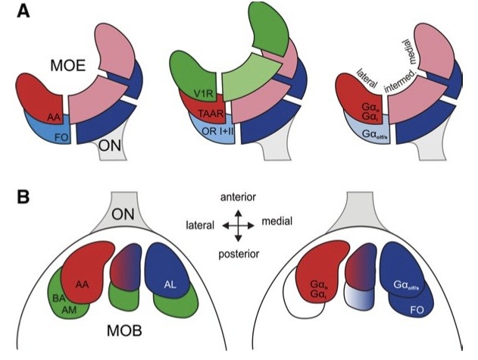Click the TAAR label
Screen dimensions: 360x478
tap(205, 114)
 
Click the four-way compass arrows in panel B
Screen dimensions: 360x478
tap(239, 225)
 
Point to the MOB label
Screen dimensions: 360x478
tap(119, 333)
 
